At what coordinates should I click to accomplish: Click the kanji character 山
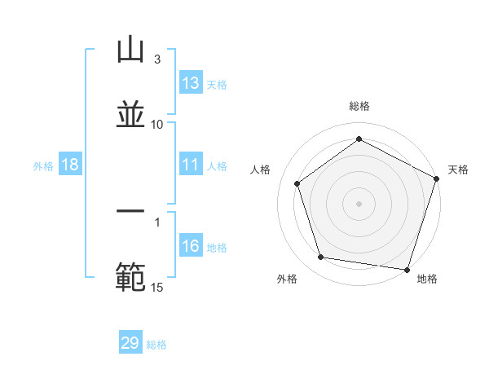130,50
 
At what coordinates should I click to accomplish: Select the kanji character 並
130,114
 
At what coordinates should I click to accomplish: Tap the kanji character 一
130,211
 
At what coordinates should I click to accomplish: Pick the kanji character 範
130,276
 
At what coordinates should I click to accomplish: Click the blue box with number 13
191,83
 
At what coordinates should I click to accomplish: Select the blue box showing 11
191,165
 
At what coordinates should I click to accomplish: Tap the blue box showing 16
191,246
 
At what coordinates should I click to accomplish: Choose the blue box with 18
70,165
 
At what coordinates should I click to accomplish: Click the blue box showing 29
130,343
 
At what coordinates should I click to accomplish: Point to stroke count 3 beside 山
157,59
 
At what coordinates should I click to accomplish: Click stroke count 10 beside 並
157,124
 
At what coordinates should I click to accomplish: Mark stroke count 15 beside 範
157,286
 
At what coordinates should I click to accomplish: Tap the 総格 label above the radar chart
359,106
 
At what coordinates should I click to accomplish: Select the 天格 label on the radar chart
458,169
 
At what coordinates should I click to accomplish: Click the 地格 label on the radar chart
427,279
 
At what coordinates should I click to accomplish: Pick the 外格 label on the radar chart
287,279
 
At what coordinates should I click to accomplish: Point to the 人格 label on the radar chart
261,169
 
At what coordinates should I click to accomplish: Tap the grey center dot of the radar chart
359,203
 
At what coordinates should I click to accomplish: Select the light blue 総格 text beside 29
156,345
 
